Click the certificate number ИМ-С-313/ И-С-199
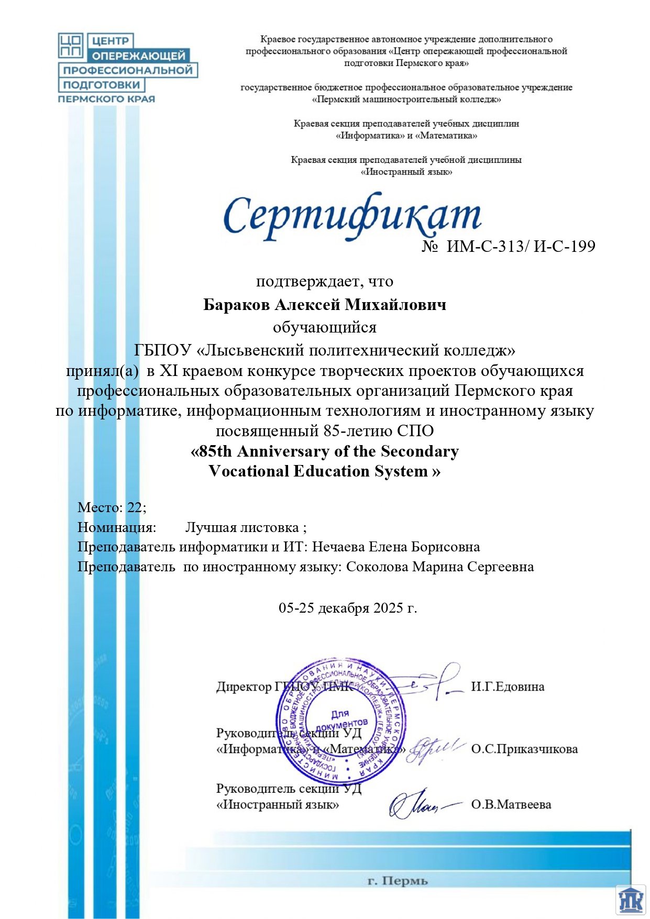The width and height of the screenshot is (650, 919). [x=521, y=246]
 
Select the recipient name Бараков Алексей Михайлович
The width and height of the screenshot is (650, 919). [x=325, y=305]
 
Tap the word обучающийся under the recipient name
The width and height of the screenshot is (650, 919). [x=325, y=328]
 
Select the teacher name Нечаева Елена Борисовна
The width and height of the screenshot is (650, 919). [x=397, y=547]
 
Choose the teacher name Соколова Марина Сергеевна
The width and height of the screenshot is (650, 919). [x=440, y=567]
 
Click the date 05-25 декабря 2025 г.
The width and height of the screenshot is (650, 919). [x=348, y=608]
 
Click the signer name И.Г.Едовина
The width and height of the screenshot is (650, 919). [x=508, y=687]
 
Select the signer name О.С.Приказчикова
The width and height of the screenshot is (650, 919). [x=524, y=749]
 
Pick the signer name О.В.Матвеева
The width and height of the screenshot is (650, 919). [x=511, y=804]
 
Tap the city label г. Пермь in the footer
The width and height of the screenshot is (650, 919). [x=398, y=881]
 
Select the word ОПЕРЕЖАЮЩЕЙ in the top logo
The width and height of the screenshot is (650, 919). [x=139, y=56]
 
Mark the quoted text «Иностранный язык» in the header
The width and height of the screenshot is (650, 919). [x=406, y=172]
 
